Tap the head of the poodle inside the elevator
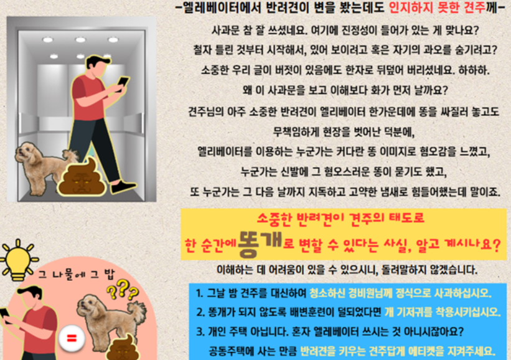(28, 152)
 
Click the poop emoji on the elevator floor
(82, 178)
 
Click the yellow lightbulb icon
(18, 260)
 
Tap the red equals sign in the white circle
(72, 338)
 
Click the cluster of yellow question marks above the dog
(122, 290)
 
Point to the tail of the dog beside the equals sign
(139, 310)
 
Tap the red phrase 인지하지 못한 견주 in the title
(437, 7)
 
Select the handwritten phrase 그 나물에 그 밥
(77, 274)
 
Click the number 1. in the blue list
(199, 293)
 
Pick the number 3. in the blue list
(200, 331)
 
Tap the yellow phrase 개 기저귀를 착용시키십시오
(443, 312)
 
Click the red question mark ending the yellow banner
(496, 244)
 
